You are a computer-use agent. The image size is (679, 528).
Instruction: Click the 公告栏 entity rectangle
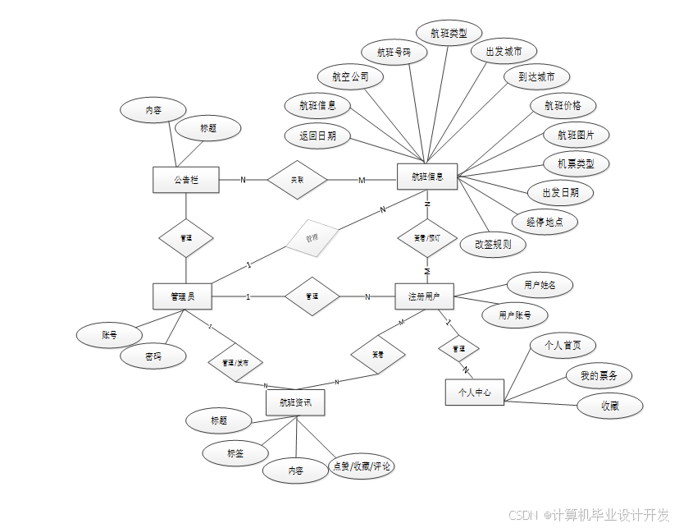(x=186, y=180)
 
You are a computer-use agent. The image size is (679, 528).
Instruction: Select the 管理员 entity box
(x=182, y=296)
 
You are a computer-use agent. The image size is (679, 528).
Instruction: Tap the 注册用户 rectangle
(x=424, y=296)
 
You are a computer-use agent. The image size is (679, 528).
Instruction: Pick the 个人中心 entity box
(x=475, y=393)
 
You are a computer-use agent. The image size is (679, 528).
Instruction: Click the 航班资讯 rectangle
(x=295, y=402)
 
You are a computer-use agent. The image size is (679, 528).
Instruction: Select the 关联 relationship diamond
(x=297, y=179)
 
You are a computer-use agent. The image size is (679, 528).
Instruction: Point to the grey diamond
(x=312, y=238)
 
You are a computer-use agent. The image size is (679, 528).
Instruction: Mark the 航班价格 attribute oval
(x=563, y=105)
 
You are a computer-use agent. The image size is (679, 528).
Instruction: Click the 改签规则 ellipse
(x=493, y=244)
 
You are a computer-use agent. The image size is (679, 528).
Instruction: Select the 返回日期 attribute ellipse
(x=317, y=135)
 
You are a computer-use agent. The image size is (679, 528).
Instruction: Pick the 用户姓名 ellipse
(x=539, y=285)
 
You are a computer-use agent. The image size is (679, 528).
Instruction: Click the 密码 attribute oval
(x=153, y=356)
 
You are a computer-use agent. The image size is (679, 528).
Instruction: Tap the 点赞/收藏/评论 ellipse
(x=361, y=466)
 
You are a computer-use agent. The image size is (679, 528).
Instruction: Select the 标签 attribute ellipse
(x=235, y=452)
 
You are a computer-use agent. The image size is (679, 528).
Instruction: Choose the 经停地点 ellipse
(x=545, y=222)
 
